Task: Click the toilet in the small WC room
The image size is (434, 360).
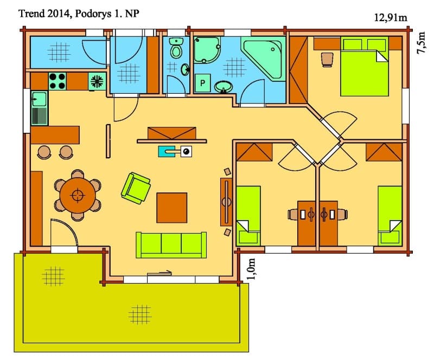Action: pyautogui.click(x=176, y=48)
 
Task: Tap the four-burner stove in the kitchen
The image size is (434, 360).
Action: pyautogui.click(x=58, y=81)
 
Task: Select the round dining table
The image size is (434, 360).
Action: pyautogui.click(x=78, y=195)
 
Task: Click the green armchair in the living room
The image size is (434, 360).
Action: pyautogui.click(x=136, y=188)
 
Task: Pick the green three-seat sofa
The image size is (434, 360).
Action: pyautogui.click(x=171, y=245)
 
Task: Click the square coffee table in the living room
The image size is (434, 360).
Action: pyautogui.click(x=171, y=208)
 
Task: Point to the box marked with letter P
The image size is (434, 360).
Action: pyautogui.click(x=202, y=83)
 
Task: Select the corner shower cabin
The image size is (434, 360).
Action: pyautogui.click(x=207, y=50)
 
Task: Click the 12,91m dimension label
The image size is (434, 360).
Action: pyautogui.click(x=391, y=17)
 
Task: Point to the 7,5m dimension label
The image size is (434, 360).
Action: pyautogui.click(x=421, y=43)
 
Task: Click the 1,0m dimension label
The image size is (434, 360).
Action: pyautogui.click(x=252, y=269)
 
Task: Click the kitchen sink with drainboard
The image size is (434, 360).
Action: pyautogui.click(x=40, y=108)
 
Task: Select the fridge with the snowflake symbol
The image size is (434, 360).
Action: pyautogui.click(x=97, y=81)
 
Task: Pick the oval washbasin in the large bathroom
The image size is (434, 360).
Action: pyautogui.click(x=223, y=87)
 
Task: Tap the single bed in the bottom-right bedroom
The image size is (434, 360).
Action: pyautogui.click(x=390, y=216)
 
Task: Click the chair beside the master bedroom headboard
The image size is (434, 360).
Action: pyautogui.click(x=327, y=60)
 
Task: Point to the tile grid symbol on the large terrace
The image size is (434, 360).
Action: pyautogui.click(x=140, y=314)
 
